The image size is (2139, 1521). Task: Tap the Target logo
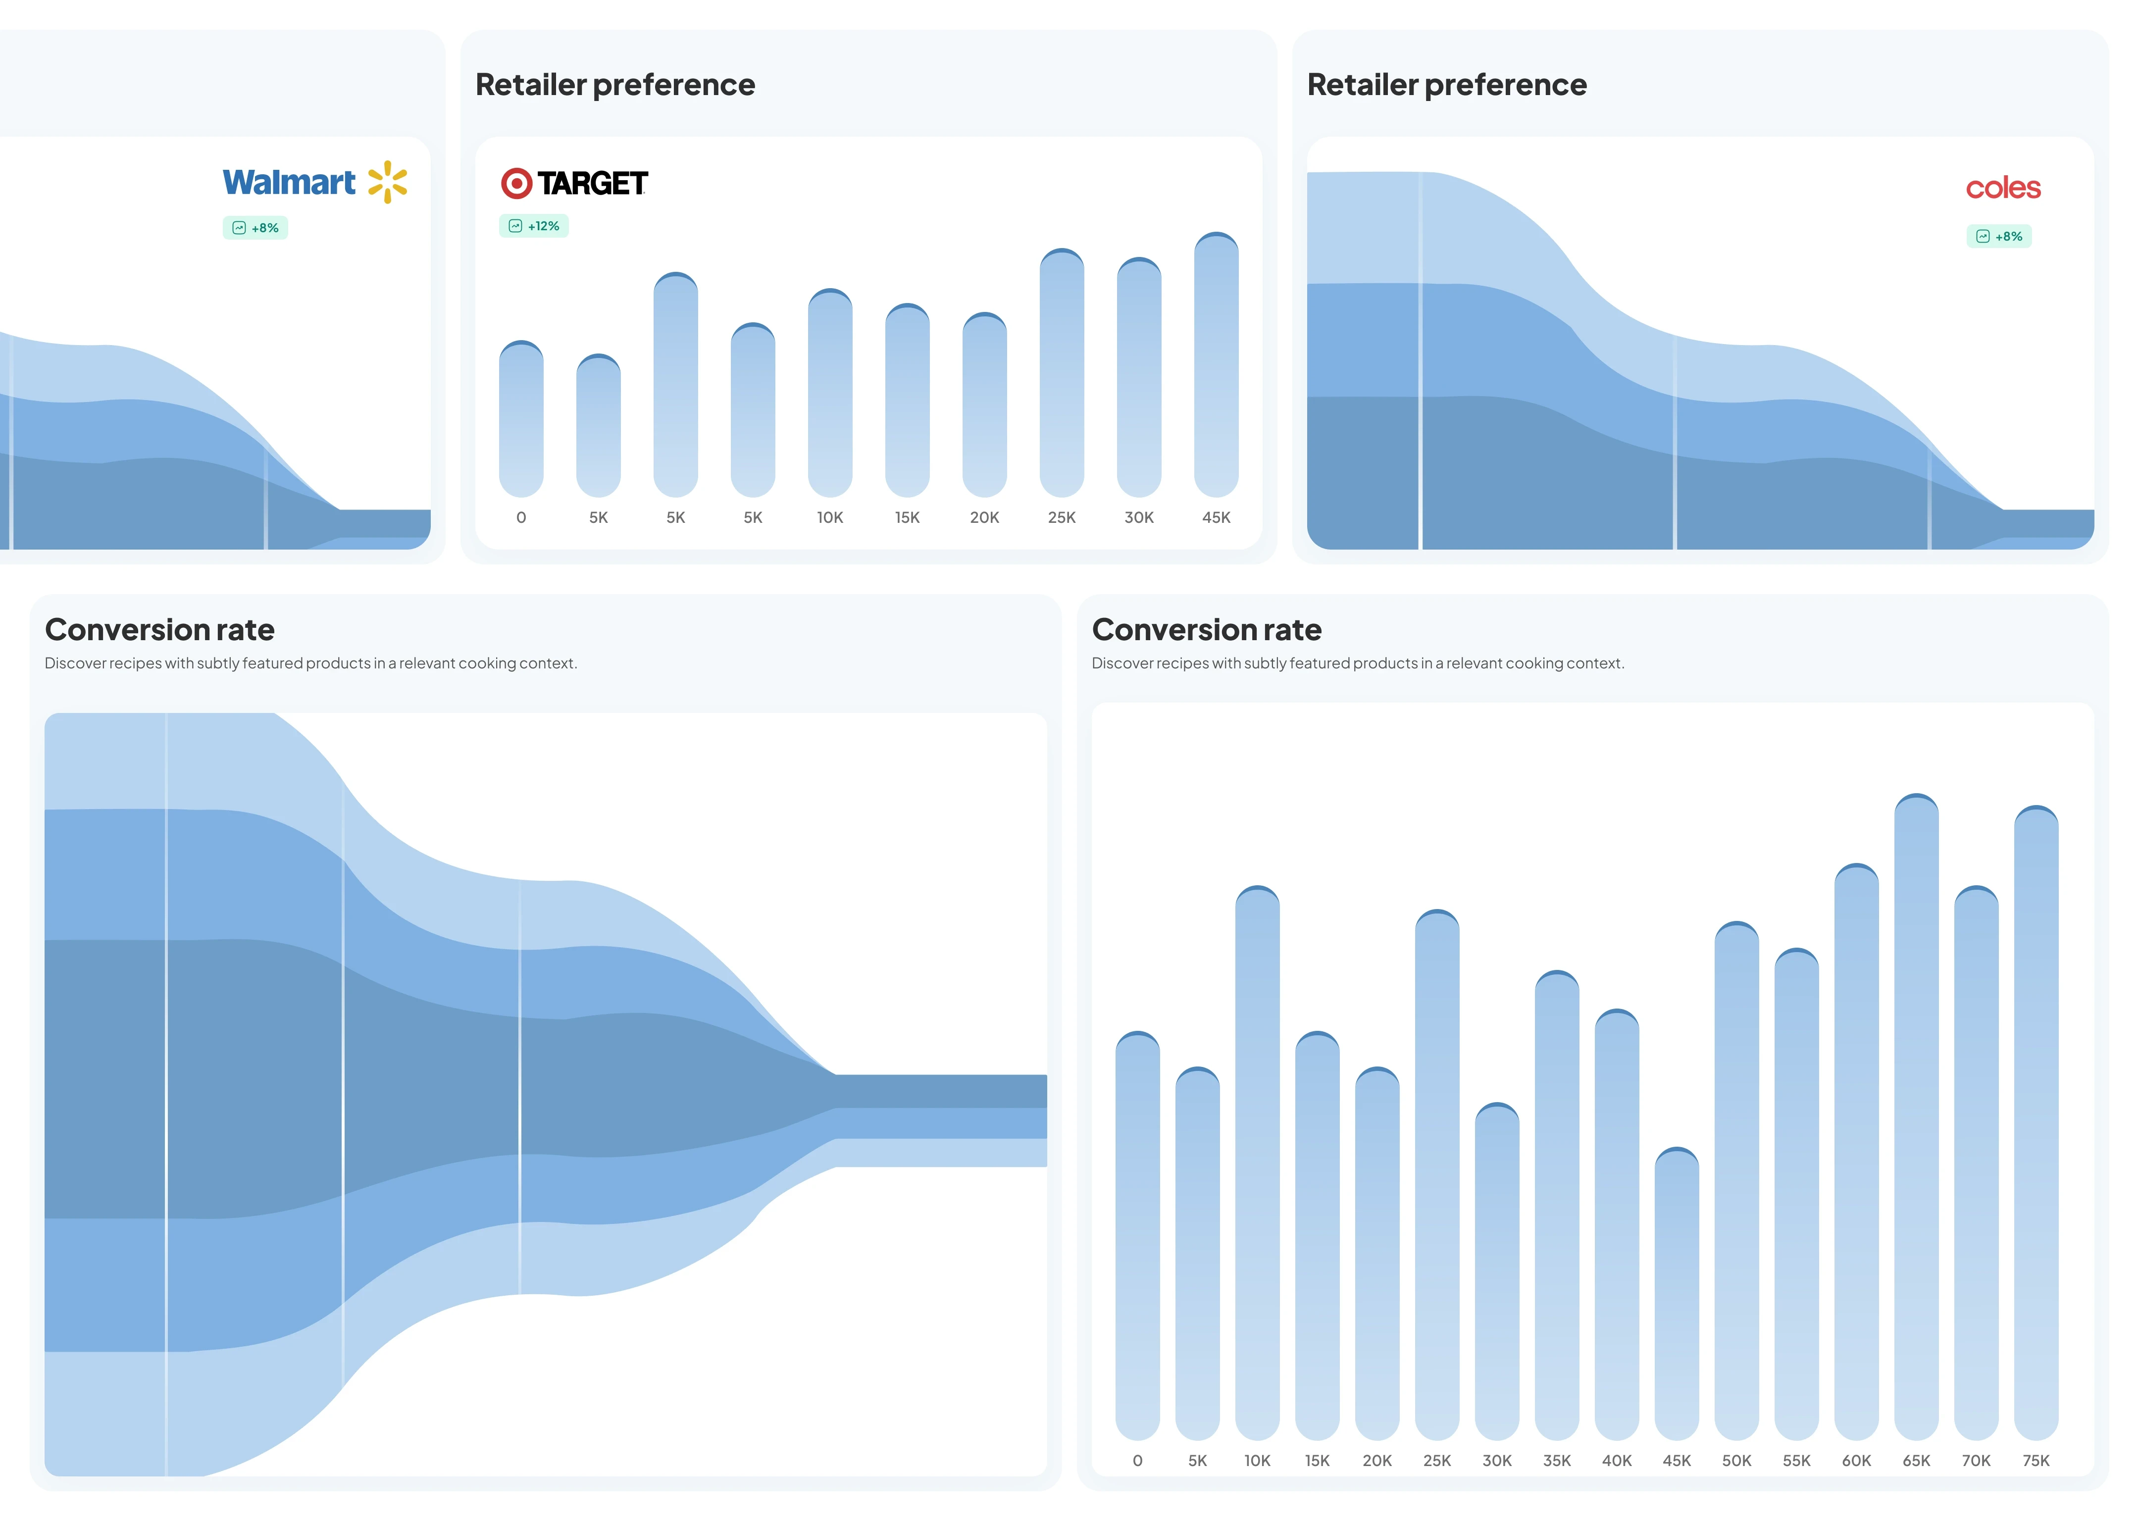[x=574, y=184]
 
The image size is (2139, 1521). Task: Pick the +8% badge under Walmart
[x=255, y=229]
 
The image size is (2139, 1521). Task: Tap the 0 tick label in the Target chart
[x=522, y=518]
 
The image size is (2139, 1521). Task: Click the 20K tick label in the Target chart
[x=984, y=518]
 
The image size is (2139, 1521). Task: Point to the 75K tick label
[x=2036, y=1461]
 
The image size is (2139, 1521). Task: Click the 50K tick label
[x=1736, y=1461]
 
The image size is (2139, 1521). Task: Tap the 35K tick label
[x=1557, y=1461]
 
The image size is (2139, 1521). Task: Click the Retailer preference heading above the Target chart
[x=615, y=85]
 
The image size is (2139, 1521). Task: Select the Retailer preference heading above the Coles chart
[x=1447, y=85]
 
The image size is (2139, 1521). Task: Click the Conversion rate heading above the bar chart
[x=1206, y=630]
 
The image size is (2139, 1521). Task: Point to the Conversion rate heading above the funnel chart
[x=160, y=630]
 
